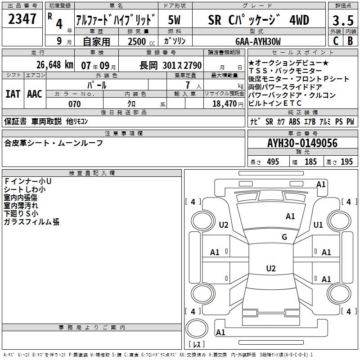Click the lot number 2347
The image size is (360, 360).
tap(22, 20)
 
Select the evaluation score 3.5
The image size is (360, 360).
tap(342, 21)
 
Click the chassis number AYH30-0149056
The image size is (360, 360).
tap(302, 143)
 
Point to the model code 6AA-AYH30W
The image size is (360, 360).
tap(258, 41)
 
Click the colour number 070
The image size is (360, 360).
tap(74, 104)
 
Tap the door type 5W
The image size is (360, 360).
tap(175, 21)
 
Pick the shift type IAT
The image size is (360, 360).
tap(13, 94)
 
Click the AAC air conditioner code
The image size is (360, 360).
tap(34, 94)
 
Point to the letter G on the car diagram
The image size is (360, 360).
tap(284, 237)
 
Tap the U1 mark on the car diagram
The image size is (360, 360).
tap(318, 225)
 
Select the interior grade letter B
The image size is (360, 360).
tap(350, 41)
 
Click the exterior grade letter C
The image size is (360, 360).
tap(335, 41)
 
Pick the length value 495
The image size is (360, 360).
tap(273, 162)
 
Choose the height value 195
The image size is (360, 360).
tap(346, 162)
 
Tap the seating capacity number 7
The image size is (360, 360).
tap(186, 85)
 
